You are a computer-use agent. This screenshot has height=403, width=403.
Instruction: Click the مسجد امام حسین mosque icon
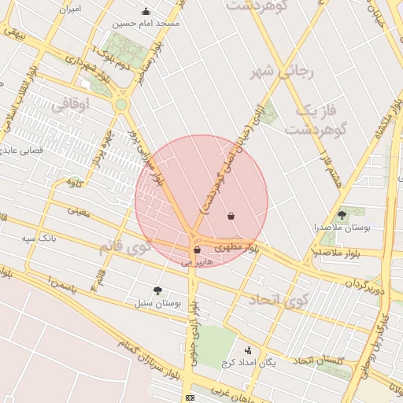(146, 11)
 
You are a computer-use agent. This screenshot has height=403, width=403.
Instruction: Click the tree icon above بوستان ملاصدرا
(342, 214)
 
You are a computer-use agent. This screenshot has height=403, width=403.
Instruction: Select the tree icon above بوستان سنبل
(158, 290)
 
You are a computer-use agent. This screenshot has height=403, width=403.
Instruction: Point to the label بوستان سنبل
(158, 302)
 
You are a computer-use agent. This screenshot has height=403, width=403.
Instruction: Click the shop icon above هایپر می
(196, 250)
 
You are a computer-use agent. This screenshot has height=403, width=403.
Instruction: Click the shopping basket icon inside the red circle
(231, 216)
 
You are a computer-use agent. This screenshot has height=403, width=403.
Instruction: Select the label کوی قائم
(124, 247)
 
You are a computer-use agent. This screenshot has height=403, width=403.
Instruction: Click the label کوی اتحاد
(275, 301)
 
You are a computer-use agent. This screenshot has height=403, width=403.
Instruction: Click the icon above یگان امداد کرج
(249, 351)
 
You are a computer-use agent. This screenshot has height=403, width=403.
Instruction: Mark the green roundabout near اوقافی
(120, 104)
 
